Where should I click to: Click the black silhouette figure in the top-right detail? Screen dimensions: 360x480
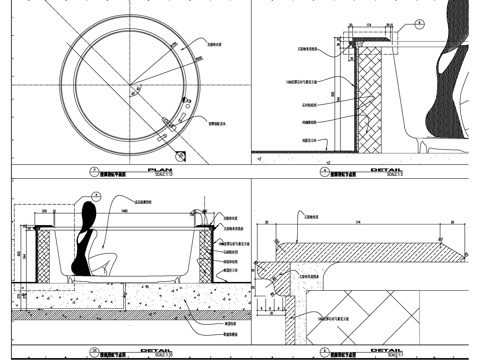pos(447,90)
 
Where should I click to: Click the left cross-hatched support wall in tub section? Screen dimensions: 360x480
pos(43,255)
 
